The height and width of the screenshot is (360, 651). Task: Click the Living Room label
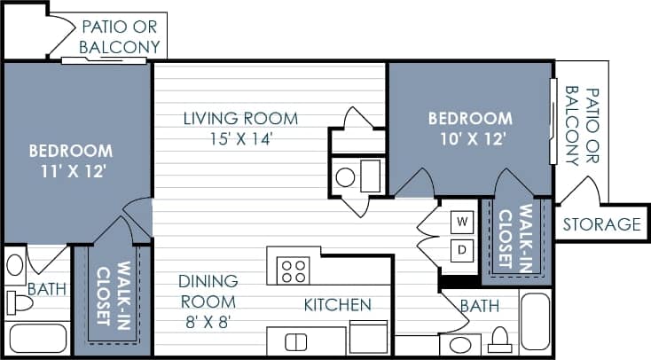240,118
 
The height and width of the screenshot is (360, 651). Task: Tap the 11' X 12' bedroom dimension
71,170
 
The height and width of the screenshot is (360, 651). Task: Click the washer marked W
462,220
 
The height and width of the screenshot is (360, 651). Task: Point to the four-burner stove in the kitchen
293,270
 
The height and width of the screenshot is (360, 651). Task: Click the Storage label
601,224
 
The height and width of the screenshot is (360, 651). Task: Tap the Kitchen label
337,305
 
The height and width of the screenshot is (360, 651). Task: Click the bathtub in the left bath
35,339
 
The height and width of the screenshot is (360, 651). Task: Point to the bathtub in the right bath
535,323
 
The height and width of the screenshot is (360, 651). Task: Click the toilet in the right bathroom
499,342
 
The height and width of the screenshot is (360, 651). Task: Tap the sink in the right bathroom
459,345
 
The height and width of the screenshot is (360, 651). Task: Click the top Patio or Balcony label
121,36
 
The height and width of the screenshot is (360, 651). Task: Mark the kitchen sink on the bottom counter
295,341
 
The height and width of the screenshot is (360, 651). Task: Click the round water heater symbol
346,177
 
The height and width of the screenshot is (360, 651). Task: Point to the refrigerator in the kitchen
367,338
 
